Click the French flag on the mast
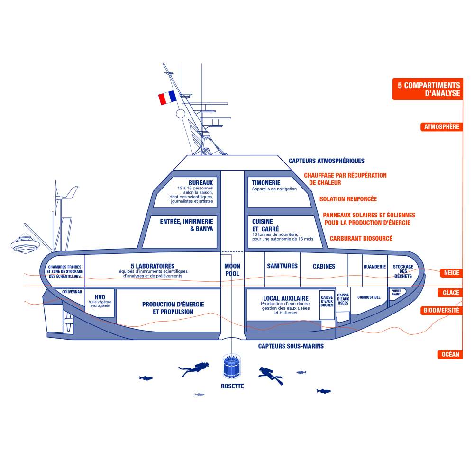pyautogui.click(x=167, y=98)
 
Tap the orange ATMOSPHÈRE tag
pyautogui.click(x=441, y=127)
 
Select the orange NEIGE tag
pyautogui.click(x=451, y=273)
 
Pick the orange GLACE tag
pyautogui.click(x=450, y=293)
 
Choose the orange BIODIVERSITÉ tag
pyautogui.click(x=441, y=310)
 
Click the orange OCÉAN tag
pyautogui.click(x=450, y=354)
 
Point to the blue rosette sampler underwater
pyautogui.click(x=232, y=367)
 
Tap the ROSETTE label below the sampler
pyautogui.click(x=232, y=386)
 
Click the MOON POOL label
pyautogui.click(x=232, y=270)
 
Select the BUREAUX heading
pyautogui.click(x=201, y=183)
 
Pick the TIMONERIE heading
pyautogui.click(x=266, y=183)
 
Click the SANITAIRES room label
pyautogui.click(x=282, y=266)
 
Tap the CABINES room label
pyautogui.click(x=324, y=266)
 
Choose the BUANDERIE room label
pyautogui.click(x=374, y=267)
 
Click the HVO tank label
pyautogui.click(x=100, y=297)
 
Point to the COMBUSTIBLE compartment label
pyautogui.click(x=369, y=297)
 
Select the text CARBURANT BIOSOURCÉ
pyautogui.click(x=361, y=238)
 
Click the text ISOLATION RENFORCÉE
pyautogui.click(x=347, y=199)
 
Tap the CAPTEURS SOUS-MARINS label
pyautogui.click(x=291, y=346)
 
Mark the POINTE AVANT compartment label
pyautogui.click(x=396, y=292)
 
